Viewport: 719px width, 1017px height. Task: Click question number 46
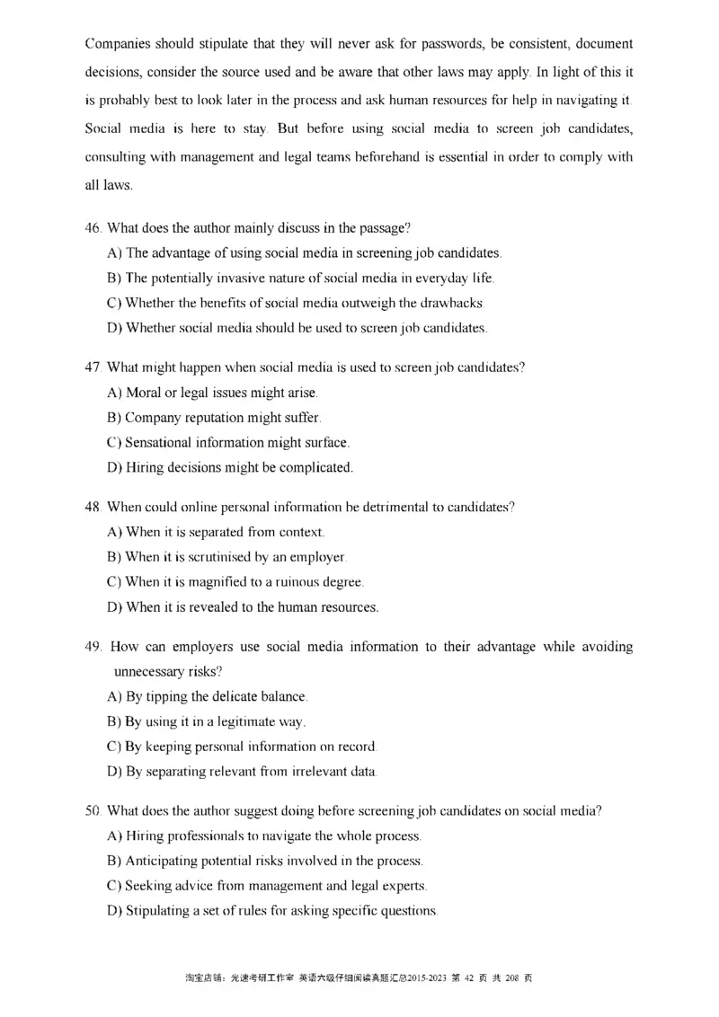(x=93, y=229)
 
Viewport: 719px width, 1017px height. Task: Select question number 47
(x=93, y=368)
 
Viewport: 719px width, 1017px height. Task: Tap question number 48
(x=93, y=508)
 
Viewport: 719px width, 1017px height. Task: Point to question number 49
(x=93, y=647)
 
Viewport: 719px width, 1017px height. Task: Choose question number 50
(x=93, y=811)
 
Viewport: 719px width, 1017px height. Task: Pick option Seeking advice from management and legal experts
(x=267, y=886)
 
